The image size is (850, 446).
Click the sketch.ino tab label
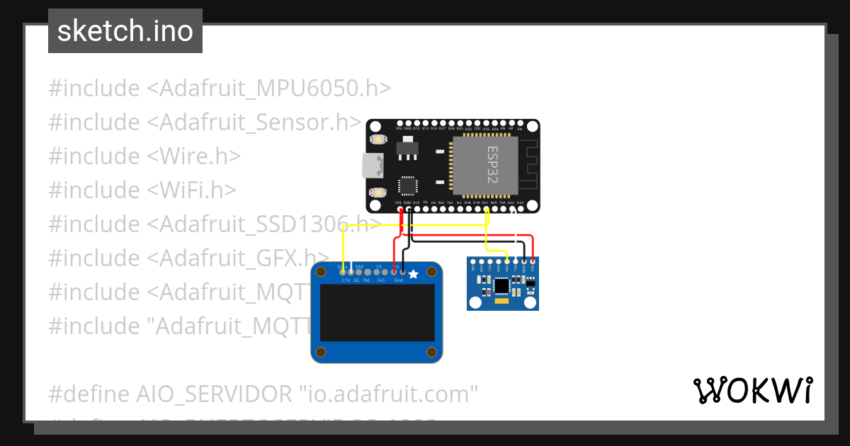[x=125, y=31]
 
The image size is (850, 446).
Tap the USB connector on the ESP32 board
[x=371, y=166]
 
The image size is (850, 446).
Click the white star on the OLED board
[x=414, y=273]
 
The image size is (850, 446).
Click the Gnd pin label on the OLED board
[x=398, y=280]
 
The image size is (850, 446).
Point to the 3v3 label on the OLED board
[x=380, y=280]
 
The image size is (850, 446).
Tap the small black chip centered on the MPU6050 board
[x=502, y=285]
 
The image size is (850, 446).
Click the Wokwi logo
[x=752, y=391]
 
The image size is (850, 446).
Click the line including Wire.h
[x=144, y=156]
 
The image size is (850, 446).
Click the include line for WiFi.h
[x=142, y=190]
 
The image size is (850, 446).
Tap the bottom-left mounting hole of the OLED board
[x=322, y=352]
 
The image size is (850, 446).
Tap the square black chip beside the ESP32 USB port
[x=409, y=186]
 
